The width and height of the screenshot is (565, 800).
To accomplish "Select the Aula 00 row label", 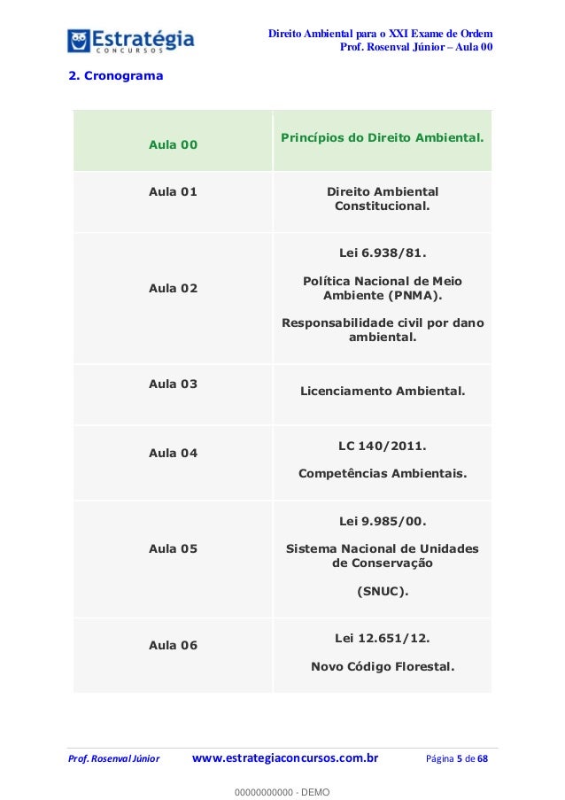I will coord(174,144).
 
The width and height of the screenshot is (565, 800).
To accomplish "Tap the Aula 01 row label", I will coord(174,191).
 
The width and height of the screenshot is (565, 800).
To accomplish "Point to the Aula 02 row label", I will coord(174,288).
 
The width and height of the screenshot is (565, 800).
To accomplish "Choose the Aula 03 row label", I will coord(174,384).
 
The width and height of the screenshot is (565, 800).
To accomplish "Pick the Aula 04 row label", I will coord(174,453).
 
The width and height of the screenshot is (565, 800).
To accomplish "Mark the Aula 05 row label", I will coord(174,548).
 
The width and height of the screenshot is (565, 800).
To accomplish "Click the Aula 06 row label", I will coord(174,645).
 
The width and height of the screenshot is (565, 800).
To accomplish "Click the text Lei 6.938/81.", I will coord(383,256).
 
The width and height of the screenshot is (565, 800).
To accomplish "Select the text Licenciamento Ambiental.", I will coord(383,390).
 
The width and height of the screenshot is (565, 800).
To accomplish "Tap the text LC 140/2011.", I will coord(383,447).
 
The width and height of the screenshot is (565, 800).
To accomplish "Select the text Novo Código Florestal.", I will coord(383,665).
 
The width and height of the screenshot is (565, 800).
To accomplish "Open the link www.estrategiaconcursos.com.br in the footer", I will coord(285,758).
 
